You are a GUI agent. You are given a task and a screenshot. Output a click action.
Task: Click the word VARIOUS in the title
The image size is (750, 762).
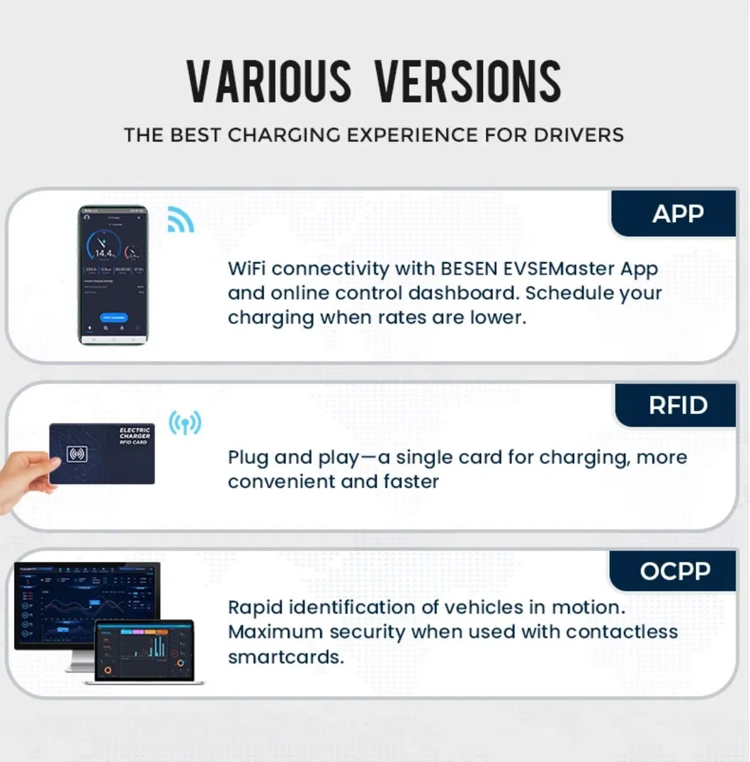point(268,82)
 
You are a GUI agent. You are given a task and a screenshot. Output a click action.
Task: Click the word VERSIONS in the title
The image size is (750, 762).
point(467,82)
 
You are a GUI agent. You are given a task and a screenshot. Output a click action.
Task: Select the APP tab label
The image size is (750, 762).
point(678,214)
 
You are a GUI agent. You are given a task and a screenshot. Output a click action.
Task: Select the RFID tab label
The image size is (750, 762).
point(678,405)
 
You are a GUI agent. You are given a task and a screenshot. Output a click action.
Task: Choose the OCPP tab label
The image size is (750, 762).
point(674,571)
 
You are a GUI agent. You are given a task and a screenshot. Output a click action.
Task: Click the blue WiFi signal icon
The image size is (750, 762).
point(181,219)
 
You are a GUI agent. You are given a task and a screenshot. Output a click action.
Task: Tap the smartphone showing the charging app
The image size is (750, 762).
point(113,275)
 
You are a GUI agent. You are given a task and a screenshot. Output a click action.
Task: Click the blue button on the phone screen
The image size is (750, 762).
point(113,318)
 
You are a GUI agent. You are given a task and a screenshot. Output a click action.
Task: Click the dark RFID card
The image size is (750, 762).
point(102,453)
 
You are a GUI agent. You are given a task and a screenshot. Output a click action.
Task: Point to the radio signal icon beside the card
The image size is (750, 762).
point(184,423)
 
